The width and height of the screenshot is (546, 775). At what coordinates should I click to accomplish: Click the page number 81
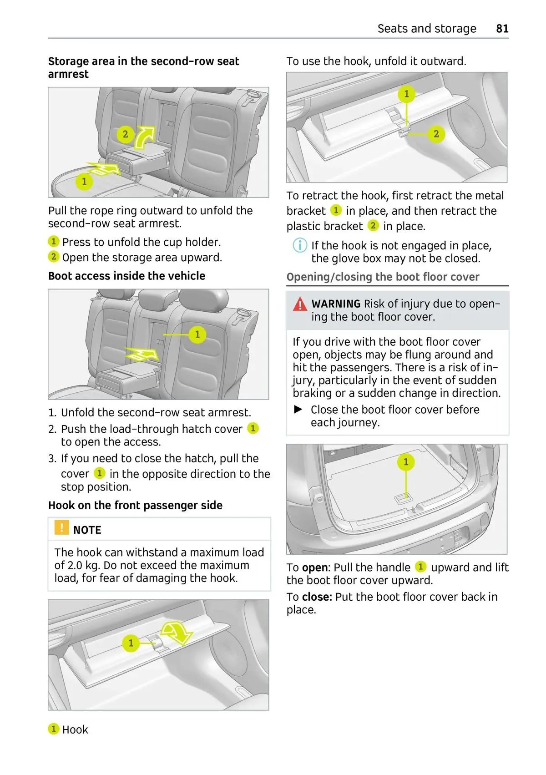tap(502, 29)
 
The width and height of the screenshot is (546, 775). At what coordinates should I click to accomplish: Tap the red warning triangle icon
tap(300, 304)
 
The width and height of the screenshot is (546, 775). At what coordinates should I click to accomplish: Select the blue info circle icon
tap(299, 245)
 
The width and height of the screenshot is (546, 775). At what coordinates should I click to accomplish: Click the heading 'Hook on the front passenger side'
tap(135, 505)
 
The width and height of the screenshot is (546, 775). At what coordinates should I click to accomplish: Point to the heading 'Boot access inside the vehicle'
tap(126, 276)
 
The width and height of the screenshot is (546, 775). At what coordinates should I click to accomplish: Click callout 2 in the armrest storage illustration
tap(125, 134)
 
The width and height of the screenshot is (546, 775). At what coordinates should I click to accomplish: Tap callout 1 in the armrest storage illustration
tap(84, 181)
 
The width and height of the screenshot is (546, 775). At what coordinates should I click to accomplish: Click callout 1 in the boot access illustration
tap(197, 334)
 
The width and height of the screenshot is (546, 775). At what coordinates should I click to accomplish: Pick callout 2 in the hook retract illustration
tap(436, 134)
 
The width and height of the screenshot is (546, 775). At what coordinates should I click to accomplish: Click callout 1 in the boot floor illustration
tap(406, 462)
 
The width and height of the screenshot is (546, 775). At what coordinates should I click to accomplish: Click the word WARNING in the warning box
tap(336, 304)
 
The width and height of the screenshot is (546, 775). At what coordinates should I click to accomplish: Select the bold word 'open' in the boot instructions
tap(314, 567)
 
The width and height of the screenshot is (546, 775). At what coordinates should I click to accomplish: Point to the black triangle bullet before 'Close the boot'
tap(298, 410)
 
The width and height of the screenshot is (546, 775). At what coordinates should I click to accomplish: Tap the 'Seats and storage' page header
tap(426, 29)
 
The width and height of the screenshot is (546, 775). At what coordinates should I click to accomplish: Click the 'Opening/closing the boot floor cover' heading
tap(383, 277)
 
